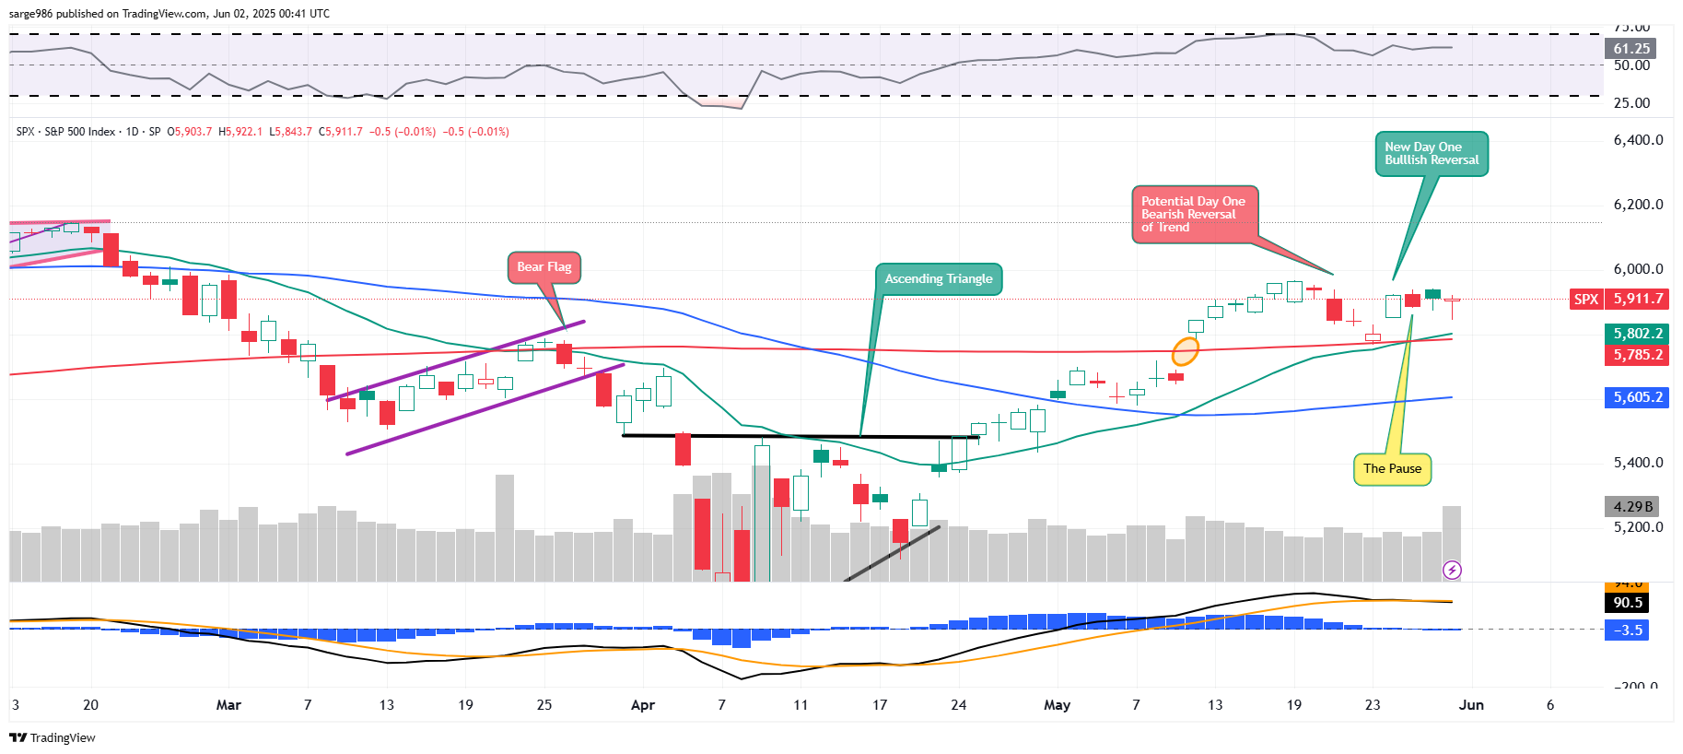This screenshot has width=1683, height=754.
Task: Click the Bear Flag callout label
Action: point(543,267)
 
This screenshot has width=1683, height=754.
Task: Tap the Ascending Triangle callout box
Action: point(938,278)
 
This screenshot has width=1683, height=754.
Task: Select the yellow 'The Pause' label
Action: point(1392,469)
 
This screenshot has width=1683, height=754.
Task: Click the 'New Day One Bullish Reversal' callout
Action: point(1431,153)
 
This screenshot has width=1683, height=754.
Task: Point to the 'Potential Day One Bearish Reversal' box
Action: point(1194,215)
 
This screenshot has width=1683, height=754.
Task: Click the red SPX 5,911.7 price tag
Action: point(1619,299)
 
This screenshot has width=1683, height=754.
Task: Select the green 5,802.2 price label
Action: point(1637,334)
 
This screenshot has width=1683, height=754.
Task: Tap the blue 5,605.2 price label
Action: point(1637,397)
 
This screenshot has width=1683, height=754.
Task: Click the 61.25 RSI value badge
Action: point(1631,48)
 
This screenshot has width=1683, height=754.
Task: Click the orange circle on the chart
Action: point(1186,351)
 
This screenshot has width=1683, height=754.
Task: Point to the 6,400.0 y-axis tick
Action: point(1638,140)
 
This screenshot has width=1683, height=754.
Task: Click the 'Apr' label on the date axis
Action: point(643,705)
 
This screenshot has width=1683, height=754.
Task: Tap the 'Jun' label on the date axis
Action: point(1471,705)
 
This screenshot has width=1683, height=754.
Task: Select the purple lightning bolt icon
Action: point(1452,571)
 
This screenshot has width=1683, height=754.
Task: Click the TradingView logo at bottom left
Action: point(53,737)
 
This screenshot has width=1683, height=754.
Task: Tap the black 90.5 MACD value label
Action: point(1628,603)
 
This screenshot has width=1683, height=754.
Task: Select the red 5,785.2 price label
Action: point(1637,355)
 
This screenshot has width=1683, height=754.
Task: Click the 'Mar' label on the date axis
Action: point(228,705)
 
